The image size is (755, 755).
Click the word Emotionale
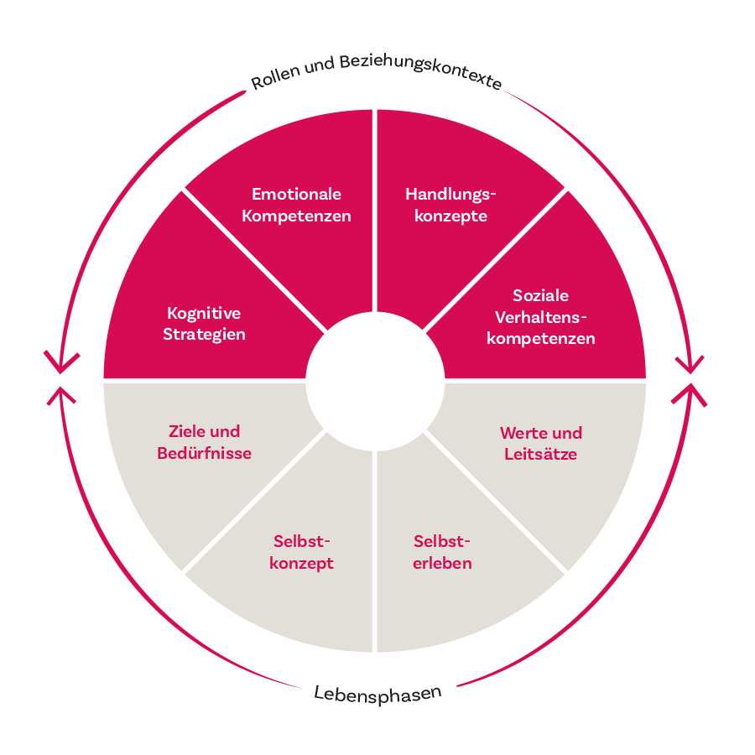tap(296, 195)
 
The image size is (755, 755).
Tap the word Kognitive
tap(204, 314)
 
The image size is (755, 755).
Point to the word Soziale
tap(540, 296)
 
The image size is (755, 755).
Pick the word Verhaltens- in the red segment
tap(541, 318)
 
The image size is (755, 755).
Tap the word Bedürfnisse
tap(204, 454)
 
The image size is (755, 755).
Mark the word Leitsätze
tap(540, 456)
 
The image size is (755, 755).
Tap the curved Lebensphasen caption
tap(377, 694)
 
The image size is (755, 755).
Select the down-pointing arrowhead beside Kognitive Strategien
tap(61, 362)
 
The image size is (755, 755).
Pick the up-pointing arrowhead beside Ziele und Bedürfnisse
tap(61, 395)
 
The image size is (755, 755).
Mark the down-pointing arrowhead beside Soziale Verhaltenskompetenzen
tap(690, 363)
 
